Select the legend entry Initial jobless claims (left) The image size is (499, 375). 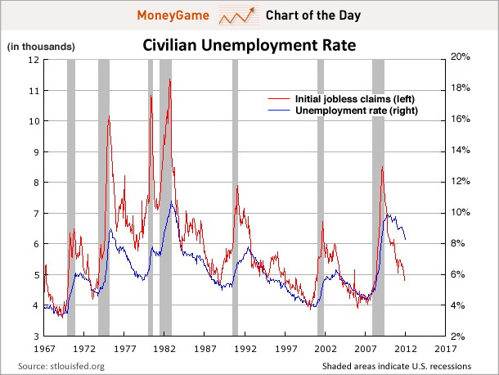(347, 97)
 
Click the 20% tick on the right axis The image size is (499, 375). (461, 56)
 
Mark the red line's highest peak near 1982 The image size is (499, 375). (169, 79)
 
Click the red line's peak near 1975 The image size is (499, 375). (109, 116)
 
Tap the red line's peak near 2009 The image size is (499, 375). (382, 167)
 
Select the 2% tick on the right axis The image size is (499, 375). (459, 337)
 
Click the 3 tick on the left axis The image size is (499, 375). (37, 337)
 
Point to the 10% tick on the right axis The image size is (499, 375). (461, 212)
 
